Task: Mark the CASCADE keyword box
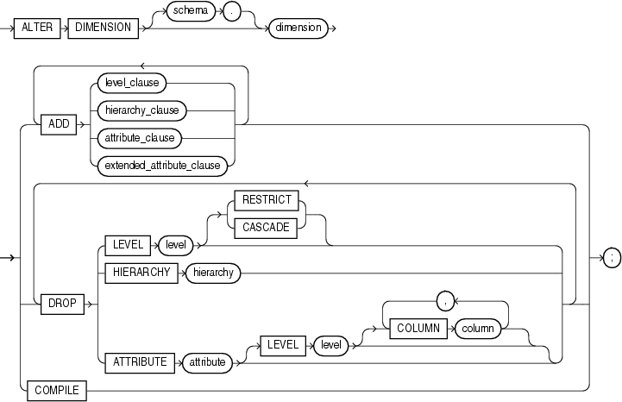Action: (267, 228)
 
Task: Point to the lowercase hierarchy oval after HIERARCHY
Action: (208, 273)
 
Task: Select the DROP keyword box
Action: (58, 305)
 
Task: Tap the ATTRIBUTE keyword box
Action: (139, 362)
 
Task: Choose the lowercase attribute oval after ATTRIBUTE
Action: (207, 362)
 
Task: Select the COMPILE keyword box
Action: (56, 390)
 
